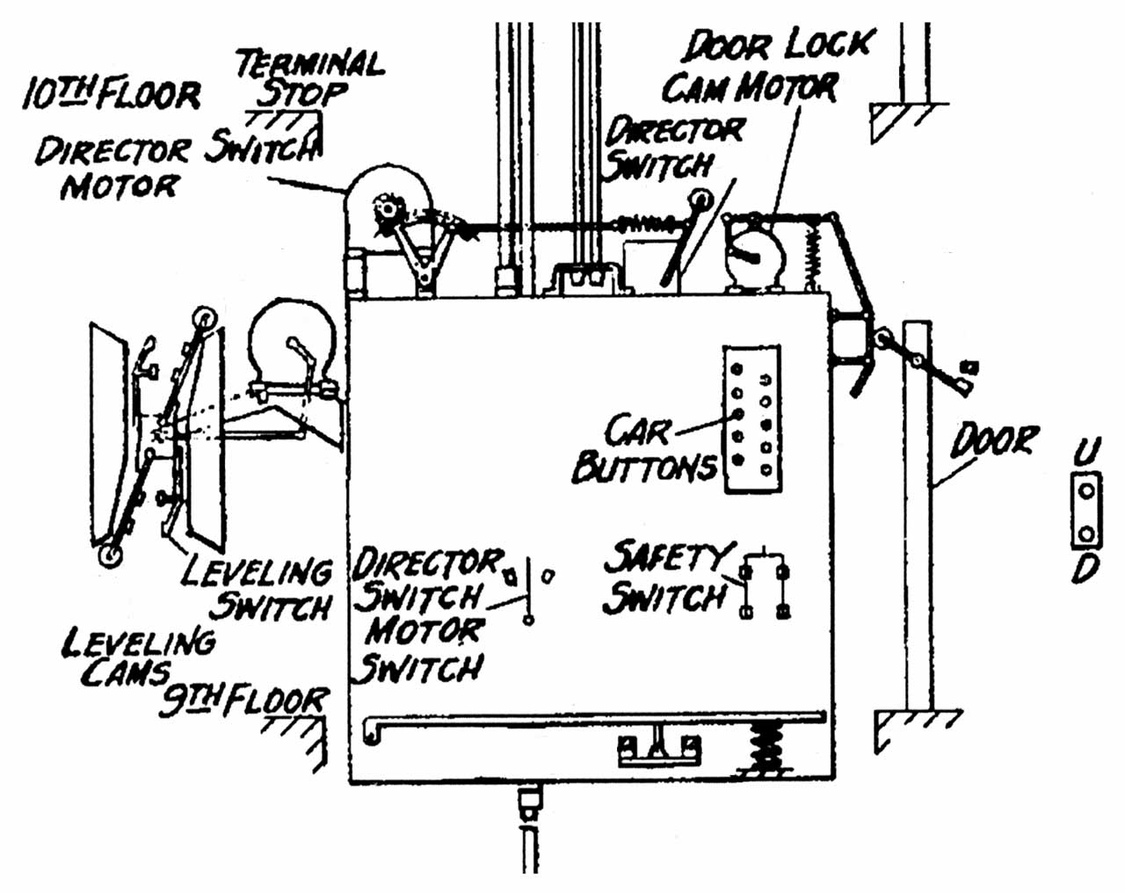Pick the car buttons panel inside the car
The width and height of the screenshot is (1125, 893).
click(752, 418)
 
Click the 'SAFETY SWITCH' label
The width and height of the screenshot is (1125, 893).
click(666, 577)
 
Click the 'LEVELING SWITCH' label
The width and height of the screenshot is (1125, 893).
click(256, 590)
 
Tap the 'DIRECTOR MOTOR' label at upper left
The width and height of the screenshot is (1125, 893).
click(112, 169)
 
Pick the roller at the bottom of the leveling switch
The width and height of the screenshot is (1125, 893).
click(111, 555)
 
